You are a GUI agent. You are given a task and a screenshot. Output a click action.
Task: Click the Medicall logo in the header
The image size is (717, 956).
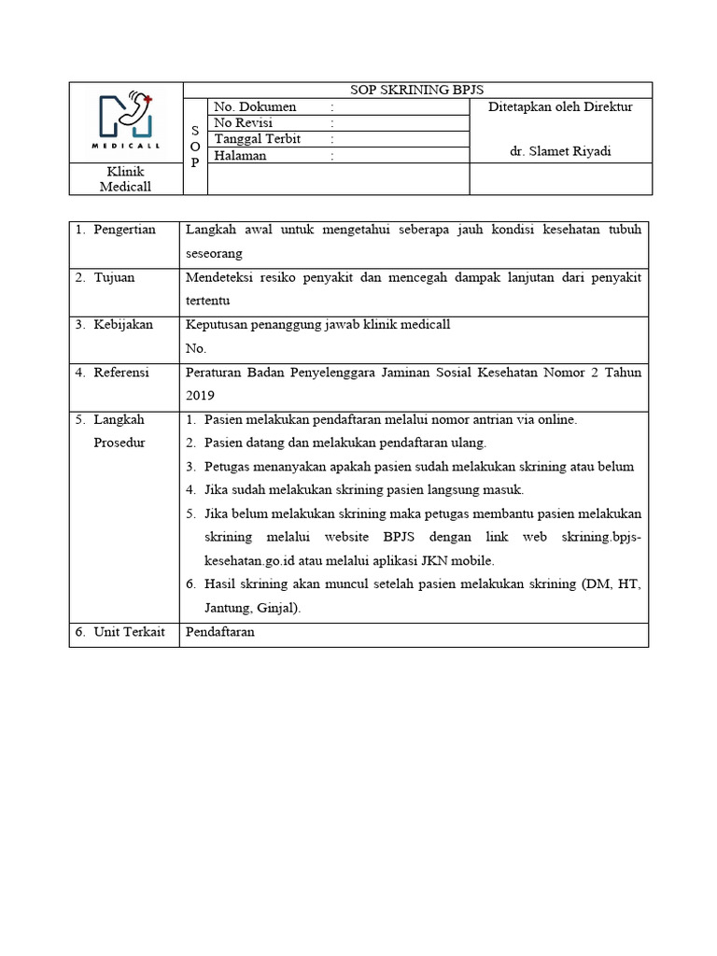coord(127,121)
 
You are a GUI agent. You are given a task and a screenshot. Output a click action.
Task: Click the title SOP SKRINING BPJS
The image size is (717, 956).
coord(417,91)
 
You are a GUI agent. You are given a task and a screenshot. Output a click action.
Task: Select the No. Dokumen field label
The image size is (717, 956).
coord(255,107)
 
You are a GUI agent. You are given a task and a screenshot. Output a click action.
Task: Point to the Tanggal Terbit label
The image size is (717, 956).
coord(259,139)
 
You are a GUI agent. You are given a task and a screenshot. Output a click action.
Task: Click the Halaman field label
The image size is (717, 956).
coord(241,156)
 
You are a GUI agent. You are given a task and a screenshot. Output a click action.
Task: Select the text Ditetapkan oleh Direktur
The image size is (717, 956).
coord(560,107)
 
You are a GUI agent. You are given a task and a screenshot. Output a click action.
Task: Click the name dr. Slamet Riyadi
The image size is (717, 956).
coord(560,152)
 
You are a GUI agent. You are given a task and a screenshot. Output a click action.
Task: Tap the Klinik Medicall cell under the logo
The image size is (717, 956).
coord(126,179)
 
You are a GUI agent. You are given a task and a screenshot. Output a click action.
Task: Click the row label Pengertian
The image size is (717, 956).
coord(124,230)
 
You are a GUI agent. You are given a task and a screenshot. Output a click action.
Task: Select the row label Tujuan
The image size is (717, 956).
coord(114,277)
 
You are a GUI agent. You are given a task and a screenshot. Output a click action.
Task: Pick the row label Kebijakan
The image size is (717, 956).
coord(123,325)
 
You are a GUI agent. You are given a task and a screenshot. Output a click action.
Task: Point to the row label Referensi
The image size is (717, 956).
coord(121,373)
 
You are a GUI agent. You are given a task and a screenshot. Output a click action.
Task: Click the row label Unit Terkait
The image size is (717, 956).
coord(129,632)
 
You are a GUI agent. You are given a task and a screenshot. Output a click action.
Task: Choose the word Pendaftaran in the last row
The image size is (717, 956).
coord(220,632)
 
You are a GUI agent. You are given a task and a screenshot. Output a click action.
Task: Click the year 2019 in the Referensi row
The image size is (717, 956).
coord(201,396)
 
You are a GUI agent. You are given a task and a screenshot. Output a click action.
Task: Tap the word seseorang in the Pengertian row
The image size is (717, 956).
coord(215,253)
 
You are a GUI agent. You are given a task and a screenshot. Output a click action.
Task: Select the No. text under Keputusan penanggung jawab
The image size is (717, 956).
coord(195,348)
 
